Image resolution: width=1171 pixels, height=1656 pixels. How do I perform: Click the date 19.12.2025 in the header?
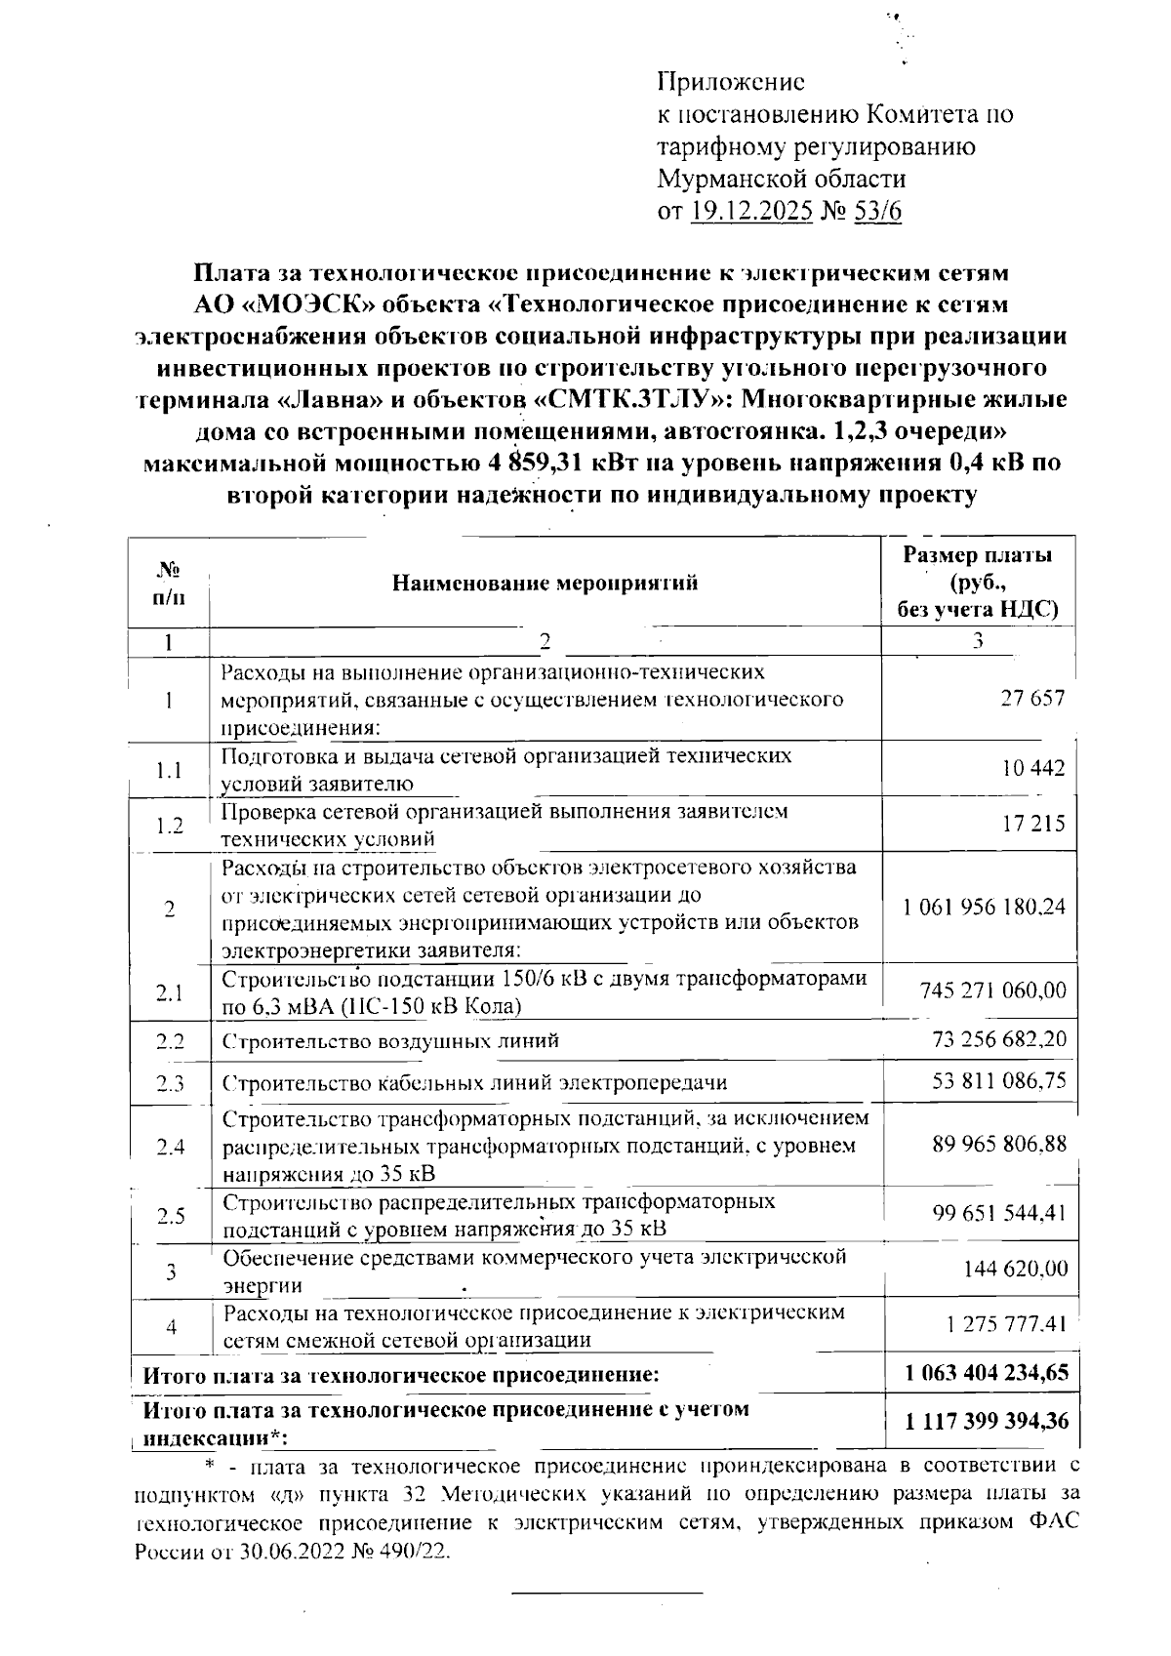tap(751, 211)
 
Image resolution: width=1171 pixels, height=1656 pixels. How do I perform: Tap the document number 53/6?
tap(877, 211)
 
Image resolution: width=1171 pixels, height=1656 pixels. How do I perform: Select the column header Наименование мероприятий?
tap(545, 584)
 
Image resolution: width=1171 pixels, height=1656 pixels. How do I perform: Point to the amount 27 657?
tap(1033, 699)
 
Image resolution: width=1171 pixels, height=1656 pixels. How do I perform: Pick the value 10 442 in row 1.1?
tap(1033, 769)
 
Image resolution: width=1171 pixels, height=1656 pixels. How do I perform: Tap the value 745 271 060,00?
tap(993, 991)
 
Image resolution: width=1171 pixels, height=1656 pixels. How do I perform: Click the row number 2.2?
tap(170, 1040)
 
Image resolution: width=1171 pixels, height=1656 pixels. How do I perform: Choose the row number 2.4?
tap(170, 1147)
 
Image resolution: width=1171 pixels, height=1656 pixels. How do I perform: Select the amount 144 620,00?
tap(1015, 1270)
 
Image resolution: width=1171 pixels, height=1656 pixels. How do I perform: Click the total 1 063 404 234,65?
tap(987, 1374)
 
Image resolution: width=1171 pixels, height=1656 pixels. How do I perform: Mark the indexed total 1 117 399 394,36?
tap(987, 1422)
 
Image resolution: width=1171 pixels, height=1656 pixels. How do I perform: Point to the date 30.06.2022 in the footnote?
tap(295, 1553)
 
